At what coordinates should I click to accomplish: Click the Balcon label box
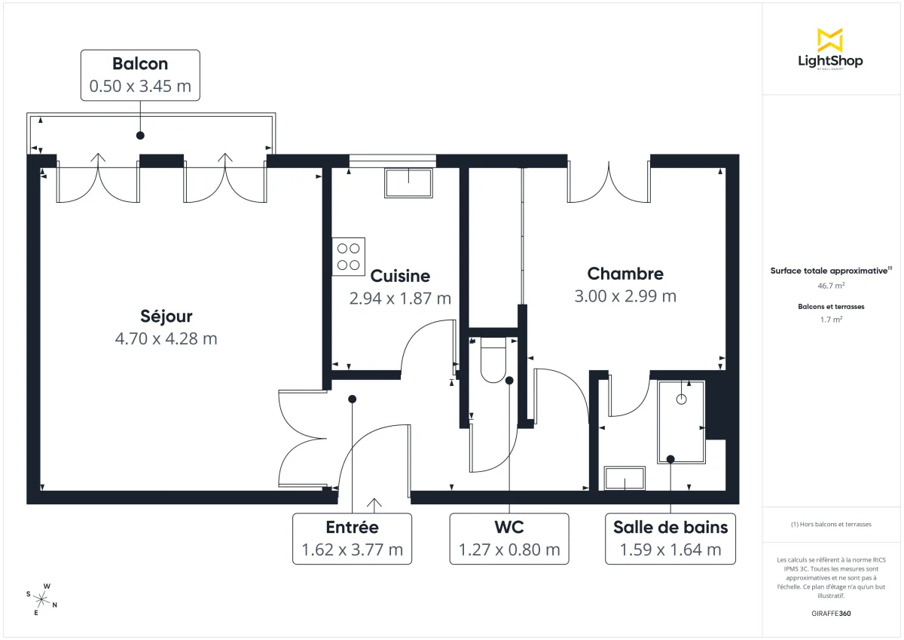coord(140,75)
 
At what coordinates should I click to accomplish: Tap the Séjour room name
coord(166,316)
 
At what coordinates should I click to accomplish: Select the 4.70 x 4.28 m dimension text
coord(166,339)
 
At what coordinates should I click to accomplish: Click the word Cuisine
coord(400,276)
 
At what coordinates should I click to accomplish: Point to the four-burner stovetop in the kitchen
coord(348,256)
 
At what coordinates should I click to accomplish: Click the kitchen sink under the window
coord(409,183)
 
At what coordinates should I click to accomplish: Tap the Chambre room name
coord(625,274)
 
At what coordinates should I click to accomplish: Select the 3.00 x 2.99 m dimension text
coord(625,296)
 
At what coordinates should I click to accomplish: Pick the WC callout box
coord(509,538)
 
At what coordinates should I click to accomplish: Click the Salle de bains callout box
coord(670,538)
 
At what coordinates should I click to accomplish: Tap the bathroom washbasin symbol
coord(625,478)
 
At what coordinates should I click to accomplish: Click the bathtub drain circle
coord(682,400)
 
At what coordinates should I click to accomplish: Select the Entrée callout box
coord(352,538)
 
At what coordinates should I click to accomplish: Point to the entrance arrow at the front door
coord(374,504)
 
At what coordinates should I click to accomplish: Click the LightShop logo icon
coord(829,40)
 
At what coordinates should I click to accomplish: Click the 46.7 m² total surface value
coord(831,286)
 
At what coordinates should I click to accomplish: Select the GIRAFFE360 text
coord(831,614)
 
